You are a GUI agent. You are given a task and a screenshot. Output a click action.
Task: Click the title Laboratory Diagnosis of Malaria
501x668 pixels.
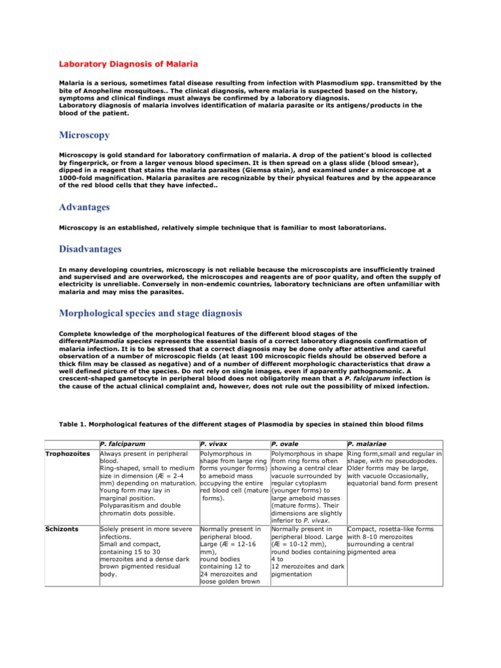point(128,64)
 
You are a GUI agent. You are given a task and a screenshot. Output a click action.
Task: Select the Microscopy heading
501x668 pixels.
point(84,135)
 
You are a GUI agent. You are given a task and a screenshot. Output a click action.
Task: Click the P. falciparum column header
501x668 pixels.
point(123,444)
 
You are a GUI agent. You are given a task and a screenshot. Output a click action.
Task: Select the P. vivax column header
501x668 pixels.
point(215,444)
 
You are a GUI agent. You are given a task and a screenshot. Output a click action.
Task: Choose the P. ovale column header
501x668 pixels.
point(285,444)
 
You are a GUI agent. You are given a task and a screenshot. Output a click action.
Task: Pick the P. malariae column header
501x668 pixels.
point(368,444)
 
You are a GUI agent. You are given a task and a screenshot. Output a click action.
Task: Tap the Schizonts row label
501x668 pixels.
point(61,529)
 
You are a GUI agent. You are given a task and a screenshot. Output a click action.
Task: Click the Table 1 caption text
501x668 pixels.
point(241,424)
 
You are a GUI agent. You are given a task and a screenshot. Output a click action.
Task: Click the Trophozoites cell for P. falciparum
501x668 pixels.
point(147,483)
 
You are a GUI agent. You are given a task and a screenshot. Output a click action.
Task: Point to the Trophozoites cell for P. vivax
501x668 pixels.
point(233,476)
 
